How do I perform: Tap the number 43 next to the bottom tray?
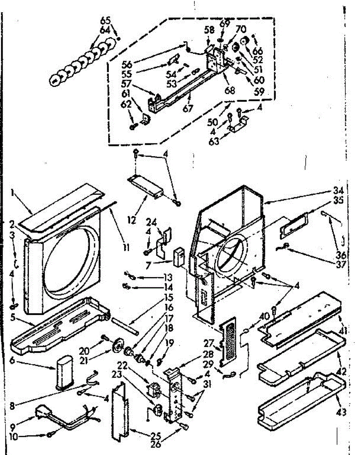(x=342, y=412)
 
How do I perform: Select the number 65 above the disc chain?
(x=103, y=20)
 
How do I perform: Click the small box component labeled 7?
(x=178, y=256)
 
